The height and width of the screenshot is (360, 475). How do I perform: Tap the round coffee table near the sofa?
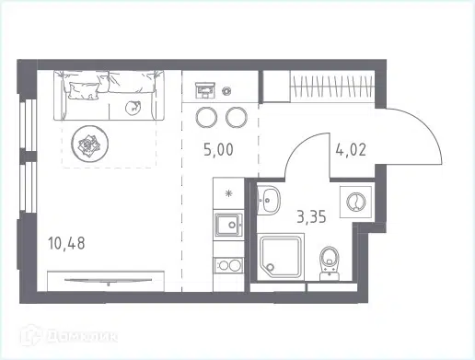(x=90, y=142)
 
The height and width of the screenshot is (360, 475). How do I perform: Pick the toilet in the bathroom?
(x=330, y=262)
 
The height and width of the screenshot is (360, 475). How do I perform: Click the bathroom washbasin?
(x=269, y=201)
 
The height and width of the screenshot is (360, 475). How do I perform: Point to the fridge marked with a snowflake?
(x=226, y=193)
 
